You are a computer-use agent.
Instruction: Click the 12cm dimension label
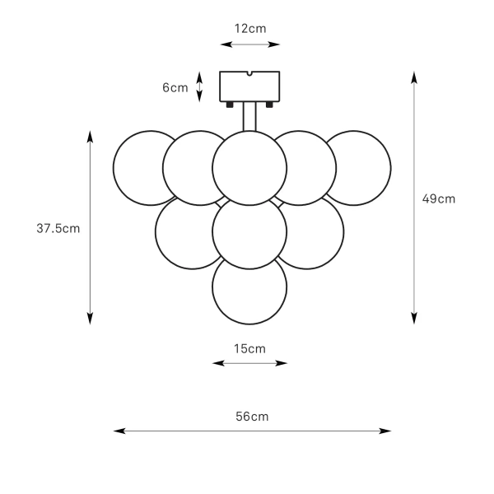(x=250, y=29)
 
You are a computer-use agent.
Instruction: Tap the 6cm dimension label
(x=175, y=87)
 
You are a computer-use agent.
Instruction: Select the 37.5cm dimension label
(x=58, y=228)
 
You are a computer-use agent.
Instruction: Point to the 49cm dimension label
(x=439, y=198)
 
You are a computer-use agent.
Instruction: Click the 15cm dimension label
(x=249, y=349)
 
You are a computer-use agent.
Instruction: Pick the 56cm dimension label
(x=252, y=417)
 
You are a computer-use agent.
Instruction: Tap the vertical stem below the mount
(x=249, y=116)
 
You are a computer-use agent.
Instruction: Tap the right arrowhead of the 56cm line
(x=385, y=431)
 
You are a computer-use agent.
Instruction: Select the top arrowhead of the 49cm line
(x=414, y=77)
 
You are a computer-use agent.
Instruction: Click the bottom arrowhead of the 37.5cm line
(x=90, y=319)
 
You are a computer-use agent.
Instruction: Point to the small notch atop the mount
(x=249, y=74)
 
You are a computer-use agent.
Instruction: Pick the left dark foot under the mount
(x=230, y=105)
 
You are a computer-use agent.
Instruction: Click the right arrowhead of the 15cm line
(x=282, y=363)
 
